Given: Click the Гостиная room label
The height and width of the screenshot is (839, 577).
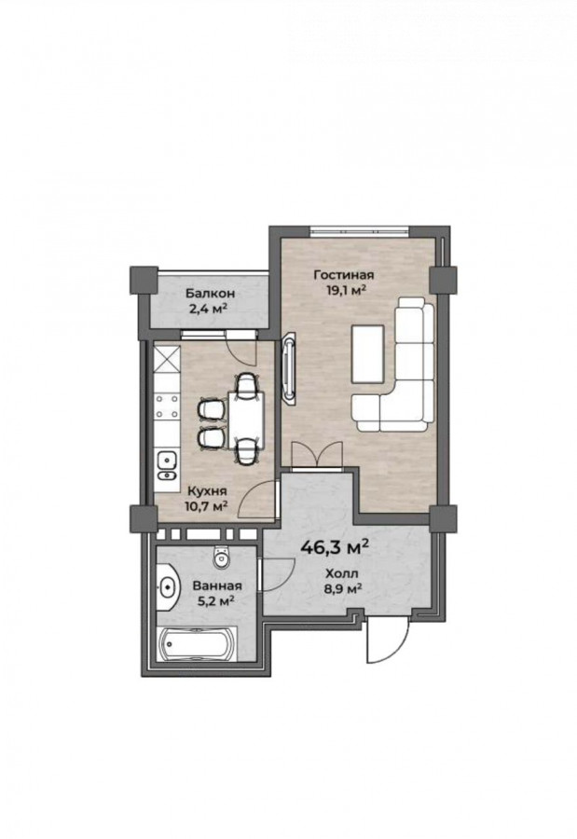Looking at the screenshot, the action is coord(344,275).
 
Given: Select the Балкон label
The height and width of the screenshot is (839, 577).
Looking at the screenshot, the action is coord(211,294).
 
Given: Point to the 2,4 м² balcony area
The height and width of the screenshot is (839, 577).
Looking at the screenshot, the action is coord(211,309).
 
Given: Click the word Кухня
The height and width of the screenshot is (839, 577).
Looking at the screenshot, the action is coord(207,490).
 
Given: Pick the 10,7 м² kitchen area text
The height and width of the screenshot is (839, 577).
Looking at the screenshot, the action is coord(207,505).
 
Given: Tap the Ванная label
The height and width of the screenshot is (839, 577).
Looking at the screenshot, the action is coord(217,586).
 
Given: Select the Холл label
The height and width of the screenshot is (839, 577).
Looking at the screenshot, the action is coord(342,574).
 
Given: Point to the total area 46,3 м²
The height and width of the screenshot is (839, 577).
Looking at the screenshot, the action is coord(335,547).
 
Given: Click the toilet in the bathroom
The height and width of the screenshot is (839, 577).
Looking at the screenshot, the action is coord(221,557).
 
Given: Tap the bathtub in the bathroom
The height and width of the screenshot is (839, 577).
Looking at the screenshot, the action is coord(198,643).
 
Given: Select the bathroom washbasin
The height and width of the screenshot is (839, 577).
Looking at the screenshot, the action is coord(168,587).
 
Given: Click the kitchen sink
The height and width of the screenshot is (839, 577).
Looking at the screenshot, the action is coord(167,466).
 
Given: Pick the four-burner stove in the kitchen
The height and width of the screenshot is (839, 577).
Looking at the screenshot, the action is coord(167,406).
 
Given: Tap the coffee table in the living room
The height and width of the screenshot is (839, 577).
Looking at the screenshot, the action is coord(367,353).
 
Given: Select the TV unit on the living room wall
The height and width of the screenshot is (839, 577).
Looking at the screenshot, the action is coord(290,367).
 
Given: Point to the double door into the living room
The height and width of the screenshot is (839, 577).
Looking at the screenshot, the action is coord(317,455).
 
